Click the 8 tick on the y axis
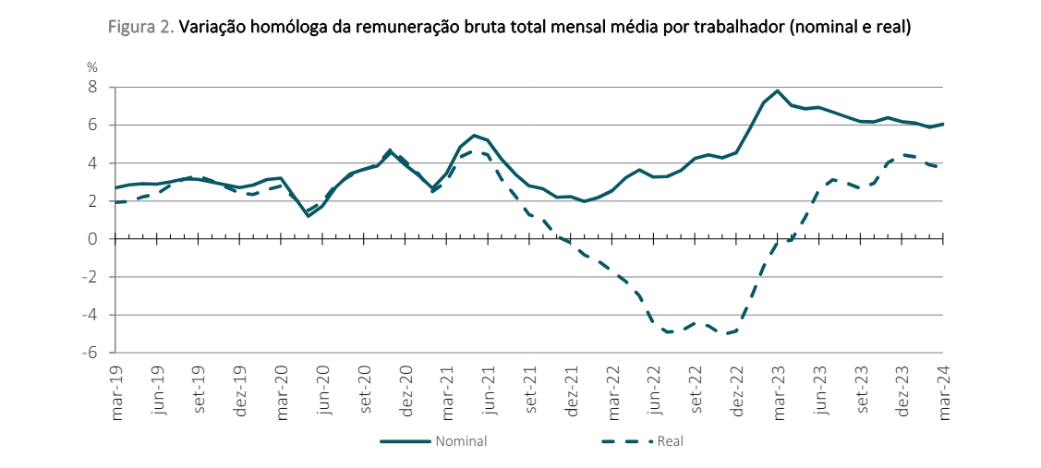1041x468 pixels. coord(92,87)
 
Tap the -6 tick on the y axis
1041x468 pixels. coord(90,353)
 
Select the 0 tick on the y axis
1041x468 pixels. coord(92,239)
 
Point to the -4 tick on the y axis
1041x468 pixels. coord(90,315)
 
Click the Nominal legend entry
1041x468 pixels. coord(461,441)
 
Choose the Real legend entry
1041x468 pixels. coord(670,441)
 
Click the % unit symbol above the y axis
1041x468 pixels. coord(92,67)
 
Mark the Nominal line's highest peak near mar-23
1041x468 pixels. coord(778,91)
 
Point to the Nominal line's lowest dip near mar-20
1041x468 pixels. coord(309,216)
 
